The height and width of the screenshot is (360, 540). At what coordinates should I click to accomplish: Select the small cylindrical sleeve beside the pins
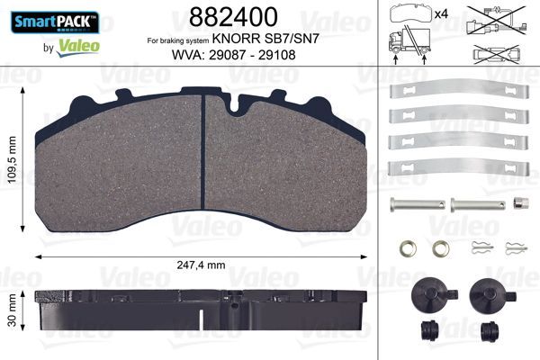pyautogui.click(x=519, y=202)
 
